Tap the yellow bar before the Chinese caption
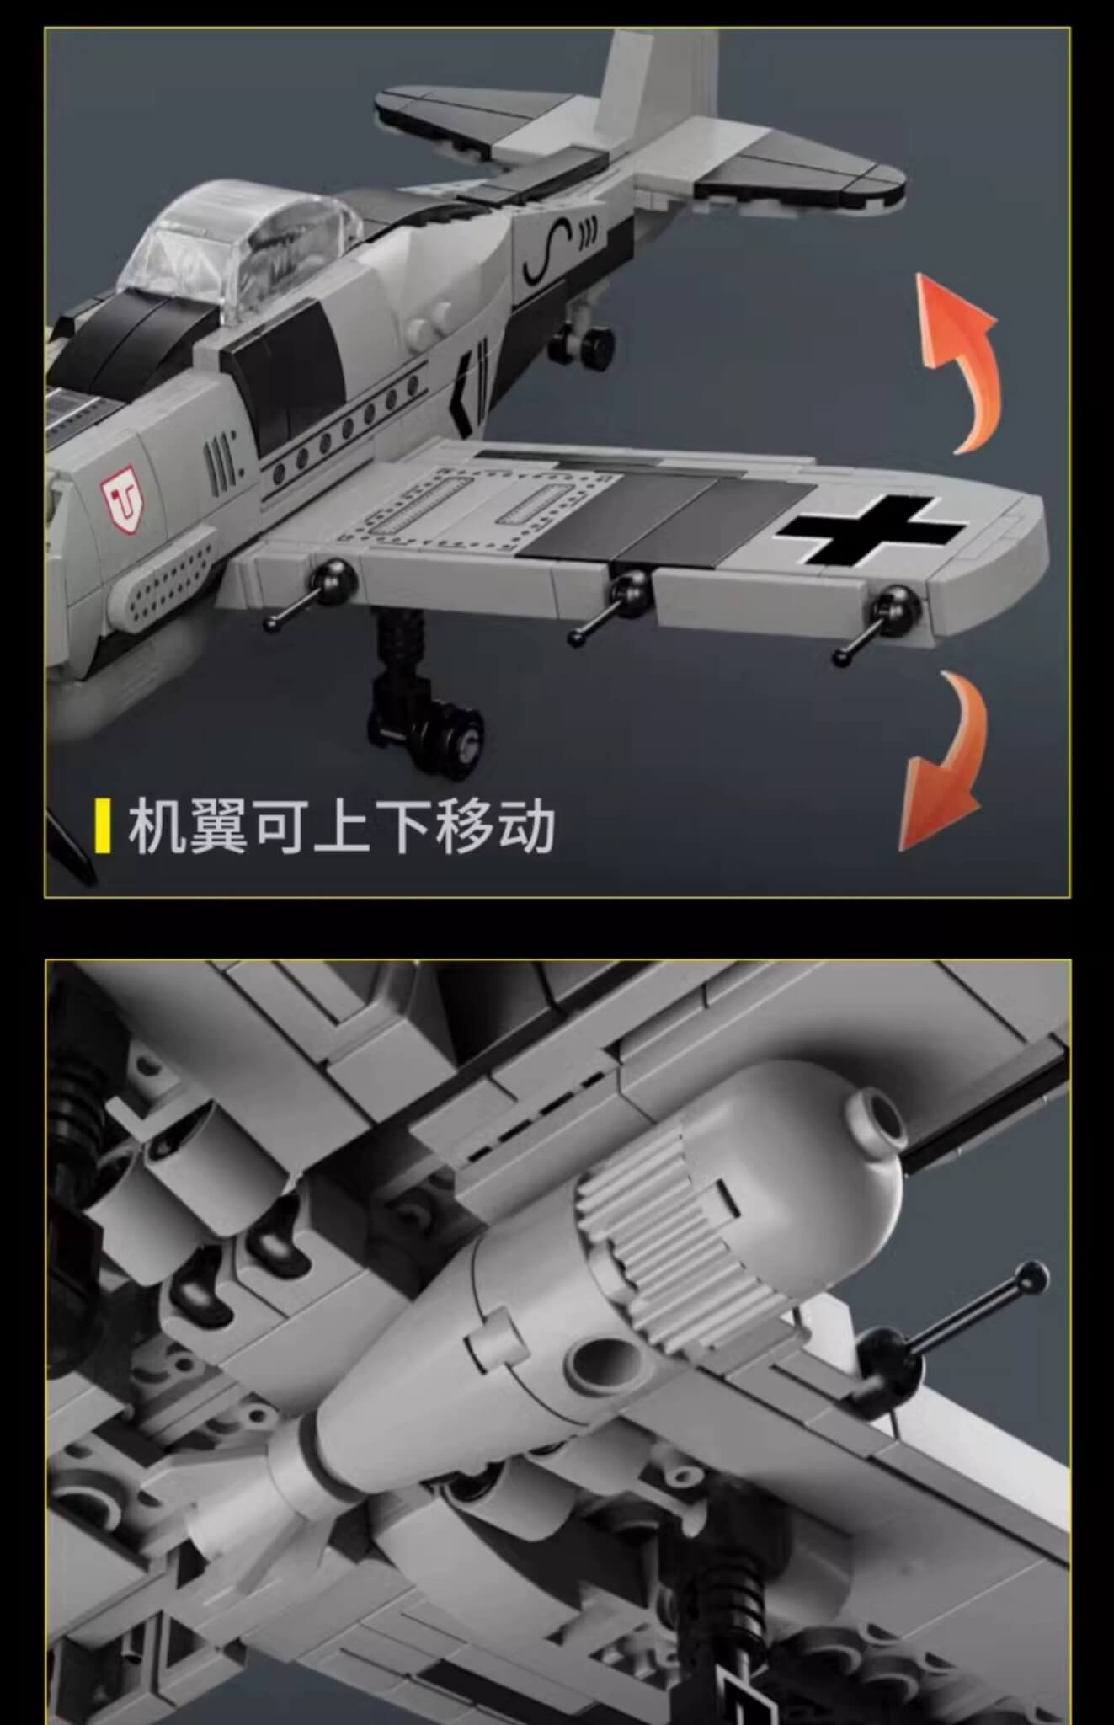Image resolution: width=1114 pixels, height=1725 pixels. [103, 826]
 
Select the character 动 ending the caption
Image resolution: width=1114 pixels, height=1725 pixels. [525, 827]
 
